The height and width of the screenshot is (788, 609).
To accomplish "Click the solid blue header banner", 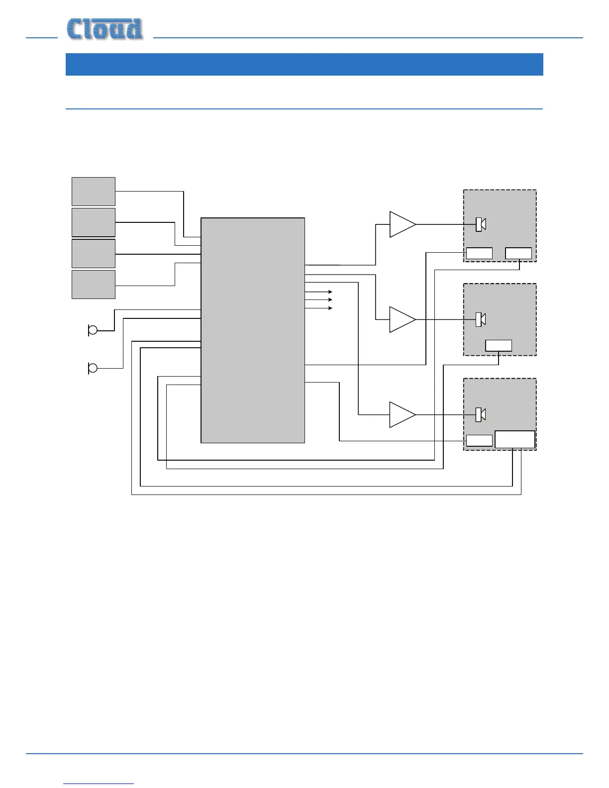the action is point(304,64).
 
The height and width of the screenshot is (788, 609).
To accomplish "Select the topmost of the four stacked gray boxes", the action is point(94,192).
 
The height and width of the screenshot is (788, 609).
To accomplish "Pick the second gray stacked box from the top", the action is point(94,222).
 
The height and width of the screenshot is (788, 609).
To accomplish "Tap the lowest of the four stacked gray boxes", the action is point(94,285).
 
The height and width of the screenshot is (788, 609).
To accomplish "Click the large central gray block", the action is point(253,330).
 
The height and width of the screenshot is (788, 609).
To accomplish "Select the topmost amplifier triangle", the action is point(401,224).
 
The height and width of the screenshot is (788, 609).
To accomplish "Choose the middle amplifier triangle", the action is point(401,319).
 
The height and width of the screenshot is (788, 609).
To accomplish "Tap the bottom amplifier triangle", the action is point(401,414).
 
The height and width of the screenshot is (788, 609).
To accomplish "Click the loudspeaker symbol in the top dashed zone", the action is point(481,224).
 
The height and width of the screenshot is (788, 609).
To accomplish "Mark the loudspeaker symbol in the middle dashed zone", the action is point(481,319).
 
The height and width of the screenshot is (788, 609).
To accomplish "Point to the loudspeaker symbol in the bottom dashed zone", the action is point(481,414).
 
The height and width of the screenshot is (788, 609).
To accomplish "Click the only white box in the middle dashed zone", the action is point(499,346).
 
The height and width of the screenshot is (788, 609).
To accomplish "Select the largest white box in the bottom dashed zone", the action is point(515,440).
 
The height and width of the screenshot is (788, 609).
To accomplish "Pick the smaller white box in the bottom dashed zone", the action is point(479,441).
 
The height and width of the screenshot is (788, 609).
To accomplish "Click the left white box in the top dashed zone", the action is point(479,253).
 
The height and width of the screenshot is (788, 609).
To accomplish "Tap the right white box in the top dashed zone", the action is point(518,253).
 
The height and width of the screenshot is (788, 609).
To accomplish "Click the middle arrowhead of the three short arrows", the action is point(330,299).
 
